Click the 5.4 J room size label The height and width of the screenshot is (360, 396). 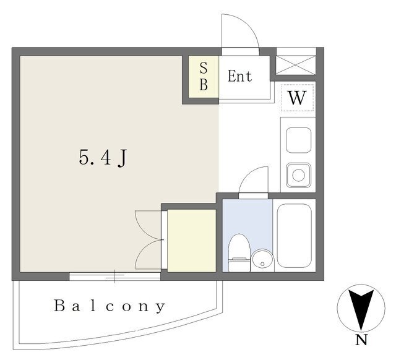(103, 158)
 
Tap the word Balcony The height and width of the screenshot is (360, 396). (110, 306)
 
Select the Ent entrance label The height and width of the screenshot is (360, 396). (239, 76)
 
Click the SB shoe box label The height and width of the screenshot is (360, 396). (204, 76)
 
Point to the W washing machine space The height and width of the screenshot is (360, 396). (297, 98)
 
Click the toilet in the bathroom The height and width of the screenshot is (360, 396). (239, 253)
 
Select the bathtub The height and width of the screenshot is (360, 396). (295, 236)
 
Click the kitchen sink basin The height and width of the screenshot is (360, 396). (298, 140)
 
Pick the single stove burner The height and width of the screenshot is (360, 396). (298, 175)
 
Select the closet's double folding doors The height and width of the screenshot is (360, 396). (149, 239)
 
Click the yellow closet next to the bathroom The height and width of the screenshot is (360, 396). (192, 241)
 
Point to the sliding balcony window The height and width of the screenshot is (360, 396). (115, 276)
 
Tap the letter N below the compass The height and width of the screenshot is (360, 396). (361, 340)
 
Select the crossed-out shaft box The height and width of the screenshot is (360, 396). (296, 65)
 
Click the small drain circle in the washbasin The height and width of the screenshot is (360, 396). (262, 264)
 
